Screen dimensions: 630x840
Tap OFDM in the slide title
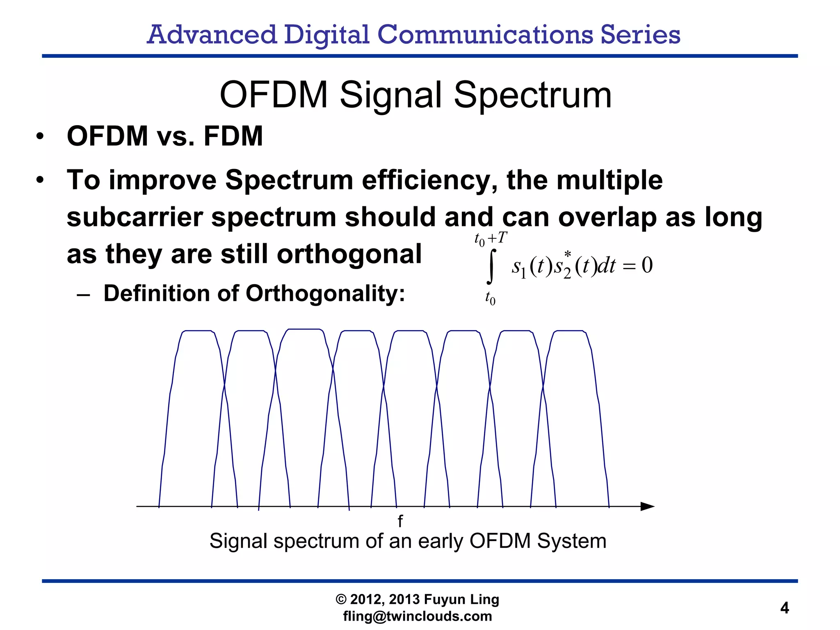pos(274,95)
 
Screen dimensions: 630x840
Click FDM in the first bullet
pos(233,136)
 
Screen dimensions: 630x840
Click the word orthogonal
pos(349,254)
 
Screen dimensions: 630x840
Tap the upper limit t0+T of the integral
pos(491,239)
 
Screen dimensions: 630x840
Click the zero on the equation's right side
pos(647,265)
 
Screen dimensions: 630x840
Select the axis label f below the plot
pos(400,521)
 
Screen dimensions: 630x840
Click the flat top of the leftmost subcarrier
pos(198,331)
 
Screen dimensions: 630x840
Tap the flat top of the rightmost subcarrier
pos(569,331)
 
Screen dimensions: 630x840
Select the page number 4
pos(784,608)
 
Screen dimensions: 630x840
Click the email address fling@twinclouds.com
pos(417,616)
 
